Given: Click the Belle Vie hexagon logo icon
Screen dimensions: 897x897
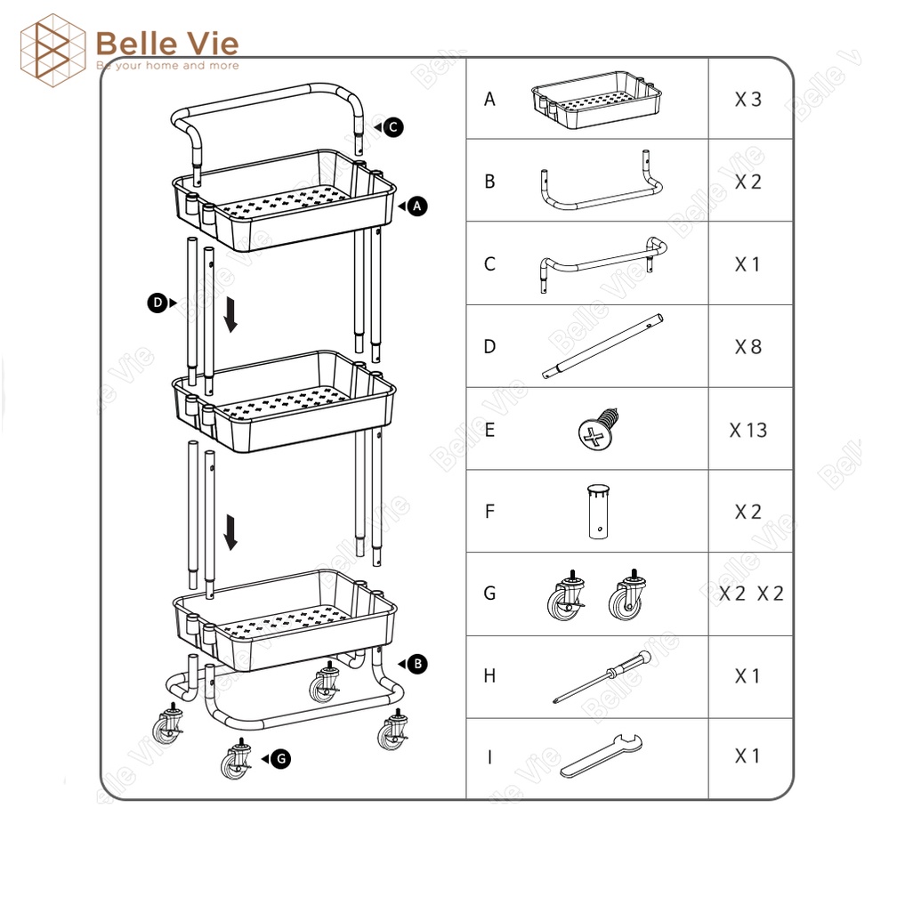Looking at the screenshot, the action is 53,51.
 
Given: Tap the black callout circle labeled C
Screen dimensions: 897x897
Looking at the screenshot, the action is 393,127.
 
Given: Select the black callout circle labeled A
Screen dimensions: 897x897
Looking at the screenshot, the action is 417,206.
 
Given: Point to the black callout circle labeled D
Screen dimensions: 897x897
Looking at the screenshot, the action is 158,303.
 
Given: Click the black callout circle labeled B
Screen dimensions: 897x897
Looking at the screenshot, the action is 417,664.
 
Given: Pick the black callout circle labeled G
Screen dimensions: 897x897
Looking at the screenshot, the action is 281,758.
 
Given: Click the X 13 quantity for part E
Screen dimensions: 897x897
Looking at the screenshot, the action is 748,430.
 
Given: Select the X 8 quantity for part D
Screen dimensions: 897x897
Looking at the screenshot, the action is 748,347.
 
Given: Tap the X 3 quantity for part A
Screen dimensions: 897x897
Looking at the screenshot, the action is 748,100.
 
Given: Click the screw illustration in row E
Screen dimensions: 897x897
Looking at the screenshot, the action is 598,429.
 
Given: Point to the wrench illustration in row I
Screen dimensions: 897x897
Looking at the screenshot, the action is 601,756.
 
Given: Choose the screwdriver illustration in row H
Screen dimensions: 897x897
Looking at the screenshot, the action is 602,676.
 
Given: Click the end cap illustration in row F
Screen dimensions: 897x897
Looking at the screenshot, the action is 598,512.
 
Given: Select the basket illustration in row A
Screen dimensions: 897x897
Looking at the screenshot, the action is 596,100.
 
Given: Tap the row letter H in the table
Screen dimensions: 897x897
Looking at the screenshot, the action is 489,676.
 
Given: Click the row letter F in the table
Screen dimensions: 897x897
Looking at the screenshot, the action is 489,512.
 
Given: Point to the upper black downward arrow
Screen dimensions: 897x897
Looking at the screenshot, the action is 230,315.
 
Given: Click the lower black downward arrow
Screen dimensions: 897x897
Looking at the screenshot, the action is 230,532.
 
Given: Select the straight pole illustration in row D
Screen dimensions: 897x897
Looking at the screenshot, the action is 603,346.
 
